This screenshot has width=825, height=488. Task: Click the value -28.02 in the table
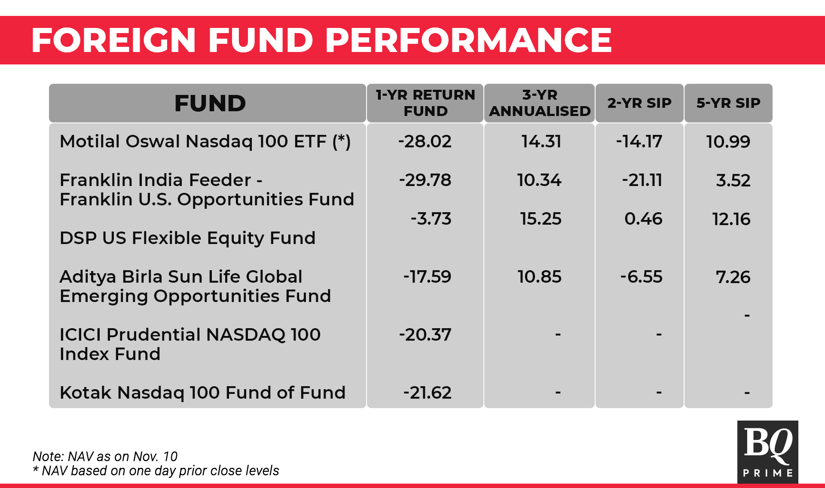(425, 141)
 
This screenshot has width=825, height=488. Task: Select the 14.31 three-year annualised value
(541, 141)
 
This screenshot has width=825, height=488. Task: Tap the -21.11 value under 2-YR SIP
(642, 180)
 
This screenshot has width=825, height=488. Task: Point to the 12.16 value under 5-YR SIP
(731, 219)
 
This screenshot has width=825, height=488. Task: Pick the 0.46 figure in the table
(643, 219)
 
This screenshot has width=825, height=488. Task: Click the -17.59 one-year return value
(427, 277)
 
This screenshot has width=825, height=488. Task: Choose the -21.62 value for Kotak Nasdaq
(427, 393)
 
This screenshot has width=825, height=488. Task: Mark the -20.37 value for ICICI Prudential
(425, 335)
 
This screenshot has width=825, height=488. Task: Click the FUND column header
(210, 103)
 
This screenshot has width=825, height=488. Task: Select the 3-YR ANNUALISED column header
(540, 103)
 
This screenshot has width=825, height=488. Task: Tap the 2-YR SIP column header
(639, 103)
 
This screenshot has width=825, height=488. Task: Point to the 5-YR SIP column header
(728, 103)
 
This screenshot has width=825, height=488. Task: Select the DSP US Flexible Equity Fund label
(187, 238)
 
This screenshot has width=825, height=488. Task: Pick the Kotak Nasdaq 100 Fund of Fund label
(202, 393)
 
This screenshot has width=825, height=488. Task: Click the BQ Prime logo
(768, 452)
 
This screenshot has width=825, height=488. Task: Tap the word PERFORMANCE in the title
(469, 40)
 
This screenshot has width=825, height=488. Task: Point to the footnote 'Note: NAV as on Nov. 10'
(105, 456)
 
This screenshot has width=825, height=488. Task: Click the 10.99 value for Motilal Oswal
(728, 142)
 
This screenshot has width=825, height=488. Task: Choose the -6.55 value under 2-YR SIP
(641, 277)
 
